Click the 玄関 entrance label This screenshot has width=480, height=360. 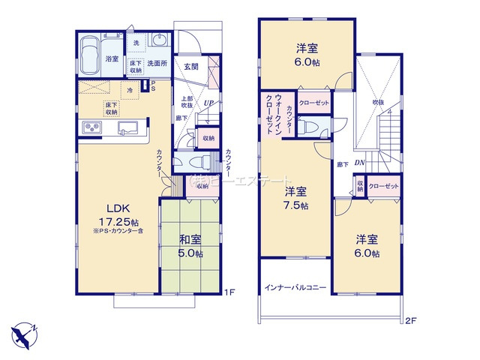[190, 67]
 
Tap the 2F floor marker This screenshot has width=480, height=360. [410, 320]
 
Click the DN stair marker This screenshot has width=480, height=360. [359, 160]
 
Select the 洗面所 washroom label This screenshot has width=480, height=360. [157, 64]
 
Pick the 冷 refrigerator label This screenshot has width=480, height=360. [129, 90]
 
